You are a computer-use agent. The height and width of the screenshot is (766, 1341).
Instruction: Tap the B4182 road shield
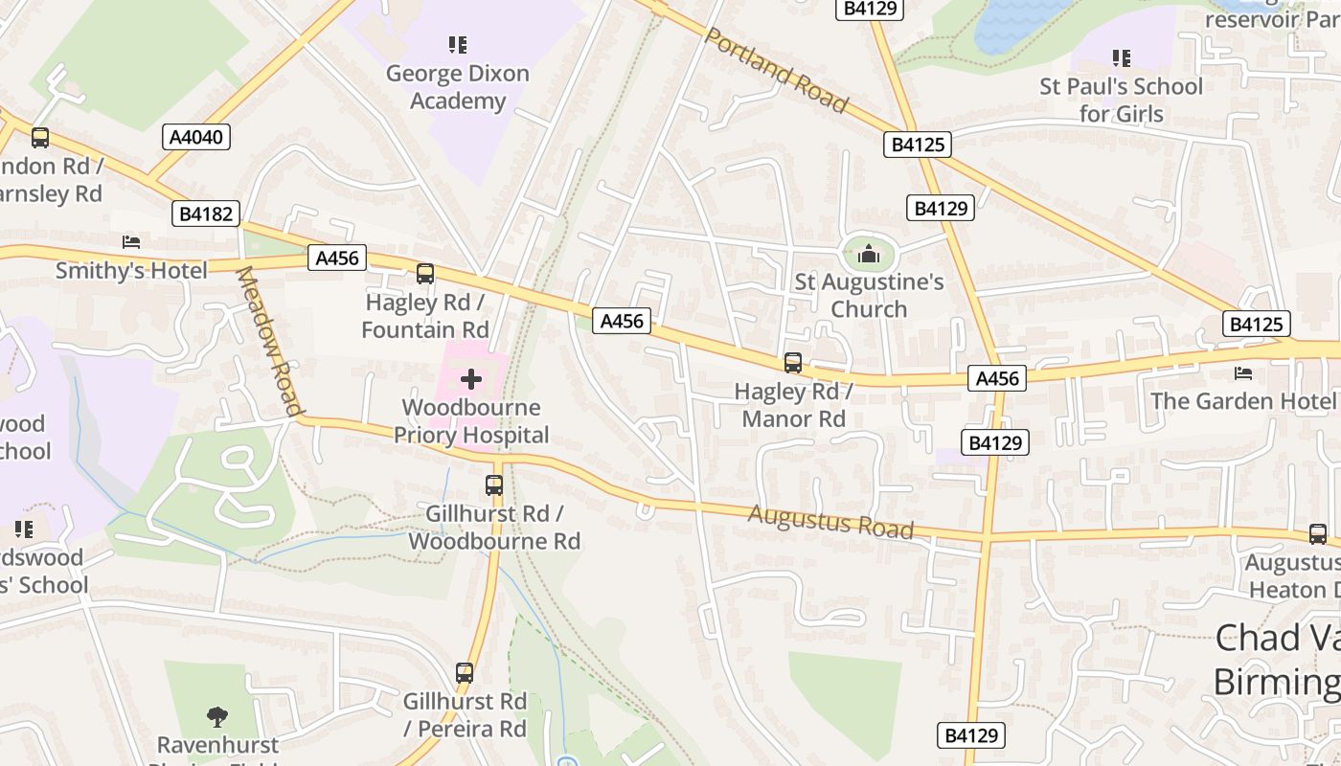click(206, 214)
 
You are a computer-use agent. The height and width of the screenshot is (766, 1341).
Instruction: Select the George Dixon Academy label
click(457, 87)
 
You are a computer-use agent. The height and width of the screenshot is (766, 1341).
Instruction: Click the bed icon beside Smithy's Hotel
click(131, 241)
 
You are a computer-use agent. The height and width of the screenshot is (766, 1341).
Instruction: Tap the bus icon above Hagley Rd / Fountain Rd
click(425, 274)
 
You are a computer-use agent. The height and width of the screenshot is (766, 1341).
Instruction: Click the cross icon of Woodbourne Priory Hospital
click(471, 380)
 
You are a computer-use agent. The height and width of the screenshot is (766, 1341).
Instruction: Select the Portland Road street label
click(776, 70)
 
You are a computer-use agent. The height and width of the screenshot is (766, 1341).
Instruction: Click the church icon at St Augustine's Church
click(869, 254)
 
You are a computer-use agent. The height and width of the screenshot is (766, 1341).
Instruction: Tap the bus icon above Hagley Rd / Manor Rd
click(793, 363)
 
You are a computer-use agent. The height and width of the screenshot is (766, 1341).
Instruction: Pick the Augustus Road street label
click(830, 523)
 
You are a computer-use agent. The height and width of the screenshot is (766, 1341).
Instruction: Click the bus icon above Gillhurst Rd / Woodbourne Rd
click(494, 485)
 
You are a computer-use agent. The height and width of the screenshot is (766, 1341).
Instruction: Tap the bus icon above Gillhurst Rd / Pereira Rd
click(465, 673)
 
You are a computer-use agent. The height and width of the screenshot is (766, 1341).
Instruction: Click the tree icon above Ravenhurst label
click(217, 716)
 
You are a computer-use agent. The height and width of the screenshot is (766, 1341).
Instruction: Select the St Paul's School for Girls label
click(1121, 100)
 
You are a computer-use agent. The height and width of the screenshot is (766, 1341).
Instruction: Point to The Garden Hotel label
click(1242, 400)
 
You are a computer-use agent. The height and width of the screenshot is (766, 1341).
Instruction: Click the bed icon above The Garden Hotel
click(1243, 372)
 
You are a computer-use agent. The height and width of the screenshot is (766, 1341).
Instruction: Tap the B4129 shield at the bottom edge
click(970, 735)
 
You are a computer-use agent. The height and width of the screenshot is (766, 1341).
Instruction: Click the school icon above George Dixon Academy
click(457, 44)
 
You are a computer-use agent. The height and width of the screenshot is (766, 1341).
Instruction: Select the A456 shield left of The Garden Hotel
click(996, 378)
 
